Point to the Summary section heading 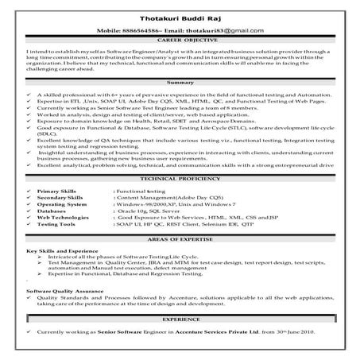180,82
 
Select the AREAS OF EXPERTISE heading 180,240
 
